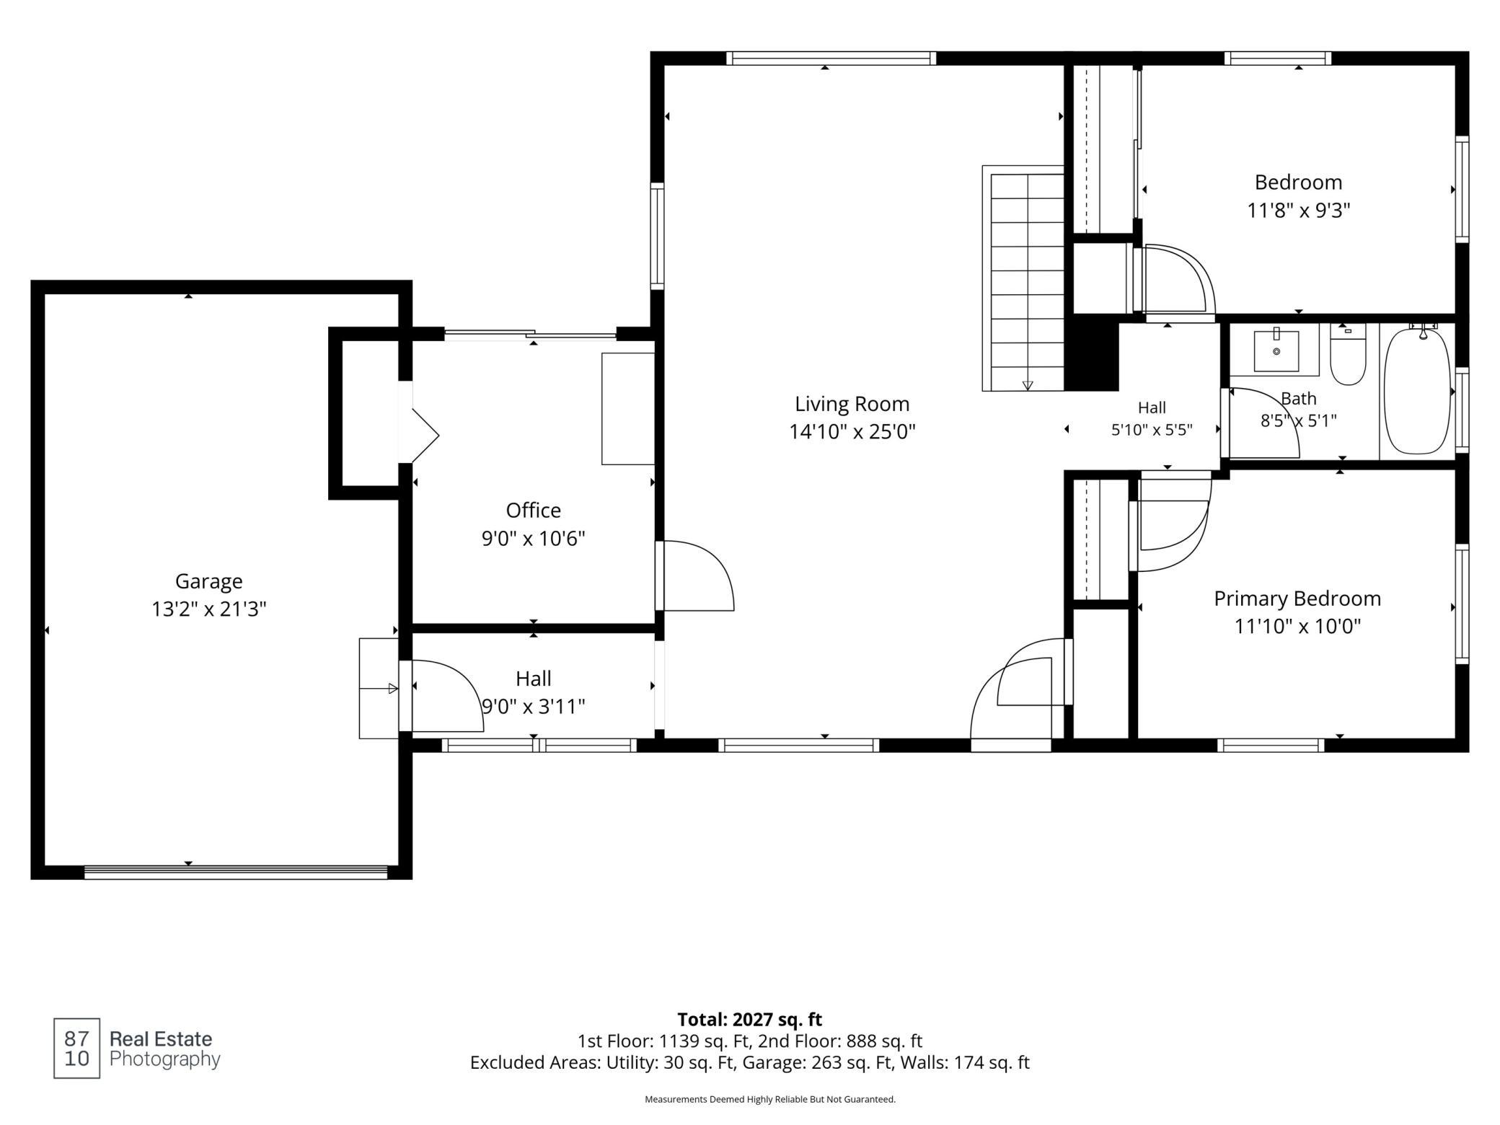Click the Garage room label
point(208,581)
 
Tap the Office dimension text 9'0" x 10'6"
point(533,539)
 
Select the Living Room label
point(852,405)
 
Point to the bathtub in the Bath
point(1417,391)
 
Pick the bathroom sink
point(1276,351)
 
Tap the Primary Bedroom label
point(1297,599)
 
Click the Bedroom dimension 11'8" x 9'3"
point(1298,211)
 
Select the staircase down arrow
point(1028,386)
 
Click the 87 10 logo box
point(76,1048)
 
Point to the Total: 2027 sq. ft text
point(749,1020)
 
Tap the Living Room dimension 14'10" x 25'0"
point(852,432)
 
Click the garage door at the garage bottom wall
point(236,872)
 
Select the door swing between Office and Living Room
point(695,575)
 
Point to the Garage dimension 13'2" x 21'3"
point(208,609)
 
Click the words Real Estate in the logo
point(161,1039)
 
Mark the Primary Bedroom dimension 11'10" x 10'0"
point(1297,626)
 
